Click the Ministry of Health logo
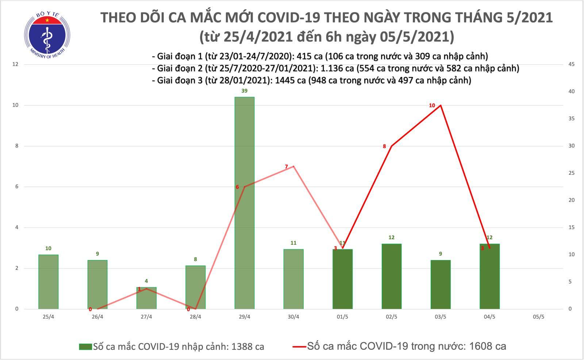click(46, 35)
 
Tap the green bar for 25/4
click(48, 282)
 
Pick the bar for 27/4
click(146, 298)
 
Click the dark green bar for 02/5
click(392, 276)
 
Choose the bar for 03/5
click(441, 284)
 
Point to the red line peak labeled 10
click(441, 105)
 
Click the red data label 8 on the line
click(384, 146)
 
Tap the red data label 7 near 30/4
click(287, 167)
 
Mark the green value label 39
click(244, 91)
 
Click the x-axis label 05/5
click(538, 317)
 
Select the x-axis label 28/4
click(195, 317)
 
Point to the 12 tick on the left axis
click(15, 65)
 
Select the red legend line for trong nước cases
click(299, 347)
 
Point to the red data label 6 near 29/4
click(237, 187)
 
